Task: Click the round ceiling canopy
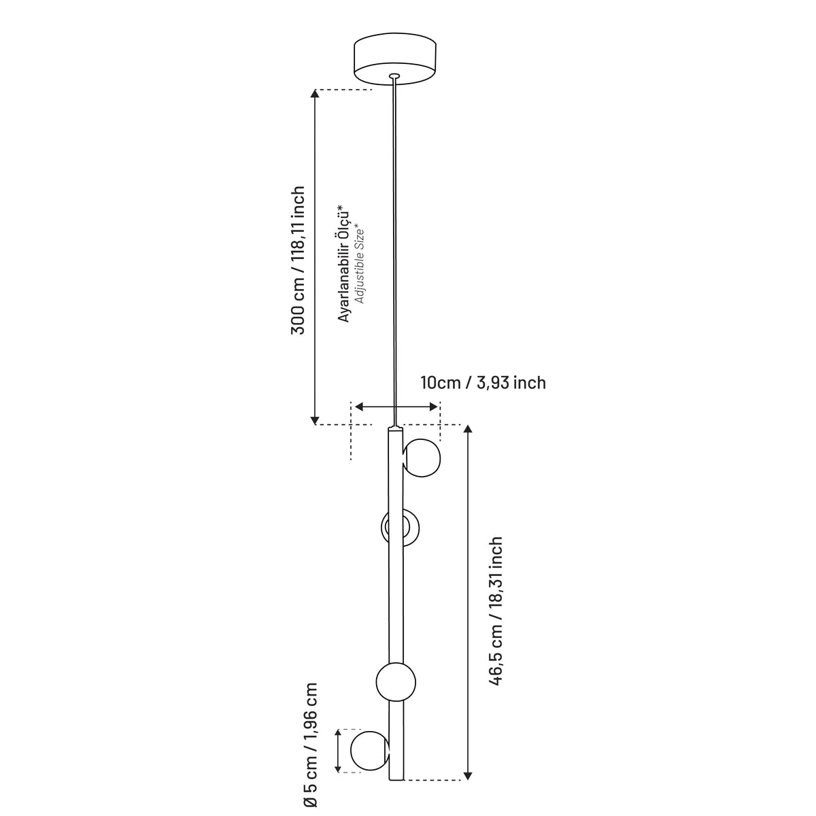(394, 58)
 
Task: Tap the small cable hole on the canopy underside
(394, 76)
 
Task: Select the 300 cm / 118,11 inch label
(298, 260)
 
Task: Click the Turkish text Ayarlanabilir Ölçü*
(344, 263)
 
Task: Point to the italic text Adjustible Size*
(360, 266)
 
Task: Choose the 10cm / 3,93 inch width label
(483, 383)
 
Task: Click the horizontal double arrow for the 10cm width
(396, 407)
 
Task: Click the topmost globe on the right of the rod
(422, 458)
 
